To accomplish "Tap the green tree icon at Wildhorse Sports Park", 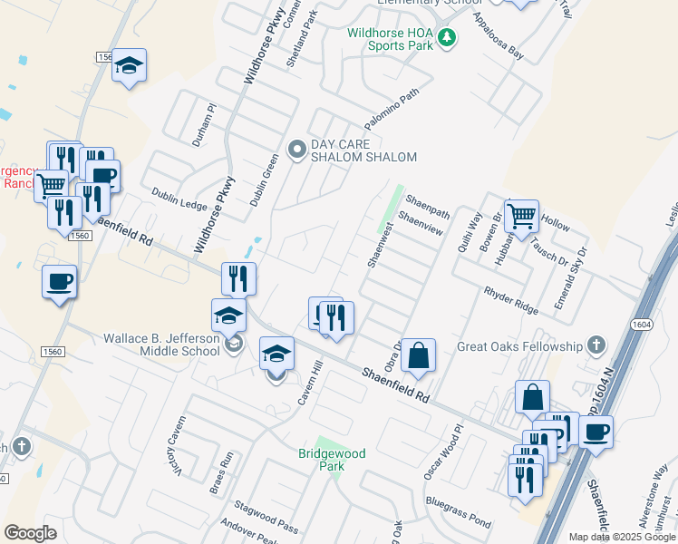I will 446,37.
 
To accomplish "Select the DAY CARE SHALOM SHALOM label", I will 363,151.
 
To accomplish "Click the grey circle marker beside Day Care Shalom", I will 296,151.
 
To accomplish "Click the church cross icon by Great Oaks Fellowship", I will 596,345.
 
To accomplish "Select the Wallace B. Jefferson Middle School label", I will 161,345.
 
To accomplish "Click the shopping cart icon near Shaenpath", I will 521,216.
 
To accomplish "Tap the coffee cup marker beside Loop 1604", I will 596,432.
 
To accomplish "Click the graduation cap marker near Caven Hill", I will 277,353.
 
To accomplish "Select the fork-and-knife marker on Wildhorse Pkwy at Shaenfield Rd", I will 238,278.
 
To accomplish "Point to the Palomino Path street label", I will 392,112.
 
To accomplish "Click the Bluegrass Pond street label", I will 458,513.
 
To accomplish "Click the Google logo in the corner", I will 30,533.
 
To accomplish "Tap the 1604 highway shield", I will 640,323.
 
